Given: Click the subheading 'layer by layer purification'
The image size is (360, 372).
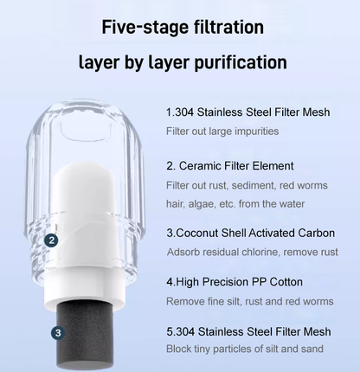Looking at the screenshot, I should (x=182, y=63).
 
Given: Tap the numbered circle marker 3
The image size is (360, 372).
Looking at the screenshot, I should (x=57, y=331).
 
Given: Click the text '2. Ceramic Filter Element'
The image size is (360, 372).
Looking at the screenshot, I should (x=230, y=165).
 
